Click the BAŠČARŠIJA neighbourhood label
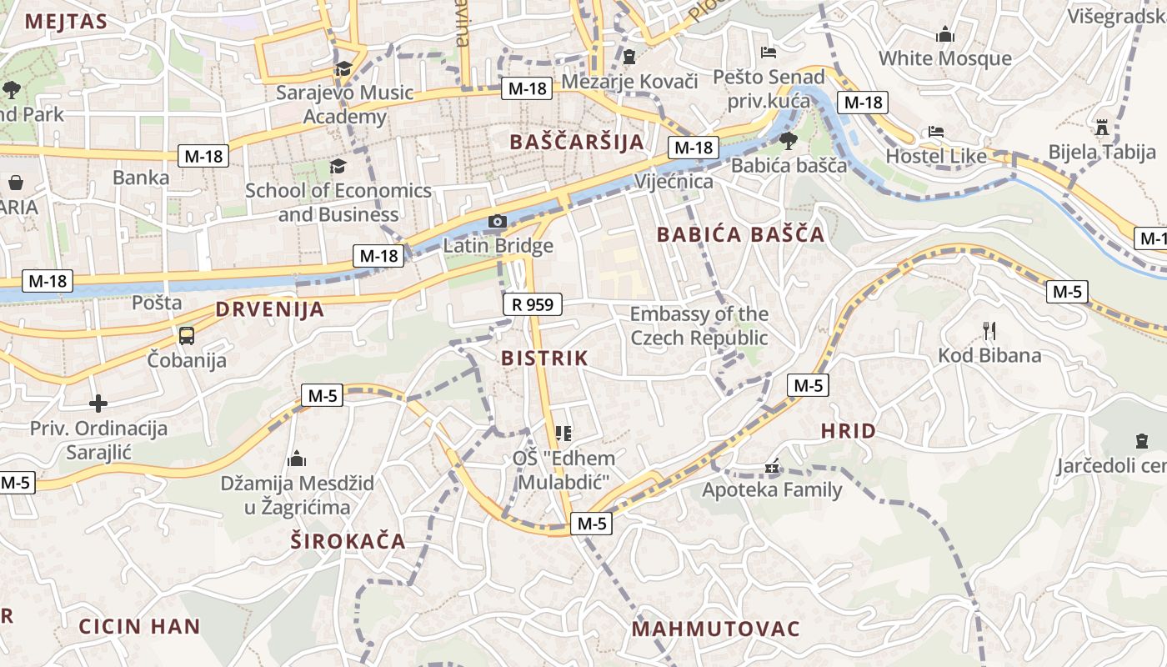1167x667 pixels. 577,142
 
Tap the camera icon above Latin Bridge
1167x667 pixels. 497,221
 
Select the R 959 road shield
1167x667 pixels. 533,304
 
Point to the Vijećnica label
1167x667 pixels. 674,182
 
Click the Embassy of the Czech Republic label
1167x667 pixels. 699,326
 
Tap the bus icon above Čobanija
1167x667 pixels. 187,335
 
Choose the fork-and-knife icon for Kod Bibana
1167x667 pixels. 989,331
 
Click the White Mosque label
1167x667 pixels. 945,58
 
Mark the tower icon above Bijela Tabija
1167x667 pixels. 1102,128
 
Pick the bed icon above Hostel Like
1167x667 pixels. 936,132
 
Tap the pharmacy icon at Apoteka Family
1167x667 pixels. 773,467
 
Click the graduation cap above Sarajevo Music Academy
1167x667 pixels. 343,68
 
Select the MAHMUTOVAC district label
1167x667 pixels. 715,629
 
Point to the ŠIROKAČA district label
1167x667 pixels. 348,541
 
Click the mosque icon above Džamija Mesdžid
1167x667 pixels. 296,459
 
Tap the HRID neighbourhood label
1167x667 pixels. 848,431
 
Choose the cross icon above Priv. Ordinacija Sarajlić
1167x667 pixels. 98,404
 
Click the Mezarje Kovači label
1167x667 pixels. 629,81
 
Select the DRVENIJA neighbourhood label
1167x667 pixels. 269,309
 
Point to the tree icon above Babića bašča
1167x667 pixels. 788,140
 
